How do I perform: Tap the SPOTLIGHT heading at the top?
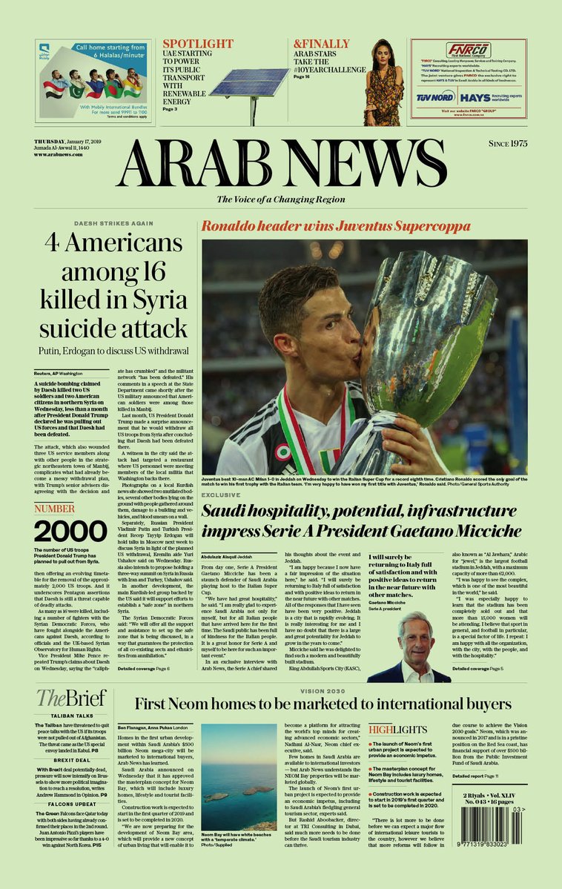198,44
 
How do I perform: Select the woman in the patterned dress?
383,83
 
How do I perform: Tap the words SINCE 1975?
507,144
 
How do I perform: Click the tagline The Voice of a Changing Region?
281,199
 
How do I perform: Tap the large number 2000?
70,531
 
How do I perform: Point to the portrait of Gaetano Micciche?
420,645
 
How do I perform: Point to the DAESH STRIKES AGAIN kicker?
113,223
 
